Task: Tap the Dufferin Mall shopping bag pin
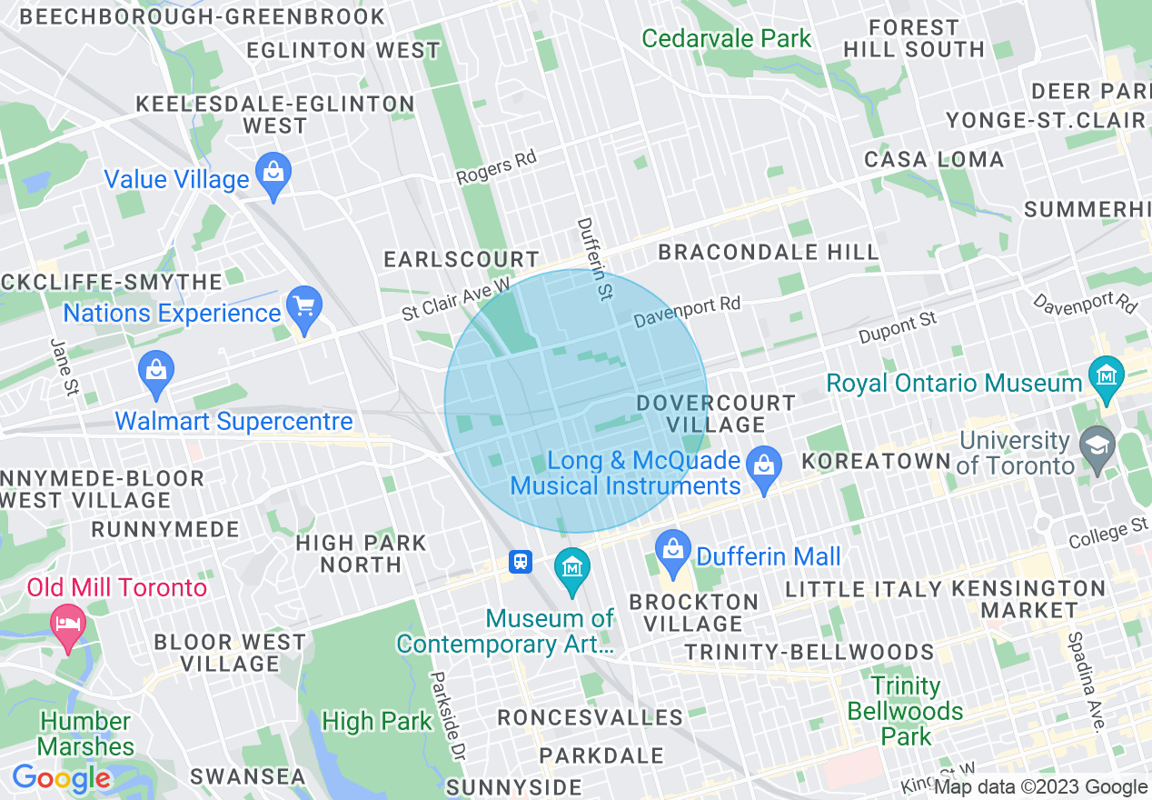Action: pyautogui.click(x=673, y=553)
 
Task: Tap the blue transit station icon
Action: pyautogui.click(x=521, y=561)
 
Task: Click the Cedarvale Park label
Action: pyautogui.click(x=726, y=39)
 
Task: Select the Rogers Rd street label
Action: pyautogui.click(x=496, y=166)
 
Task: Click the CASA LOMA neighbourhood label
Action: pyautogui.click(x=934, y=160)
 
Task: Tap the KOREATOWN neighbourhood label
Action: pyautogui.click(x=876, y=461)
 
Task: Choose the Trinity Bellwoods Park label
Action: pyautogui.click(x=905, y=711)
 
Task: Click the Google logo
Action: pyautogui.click(x=61, y=779)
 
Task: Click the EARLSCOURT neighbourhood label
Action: pyautogui.click(x=462, y=260)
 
